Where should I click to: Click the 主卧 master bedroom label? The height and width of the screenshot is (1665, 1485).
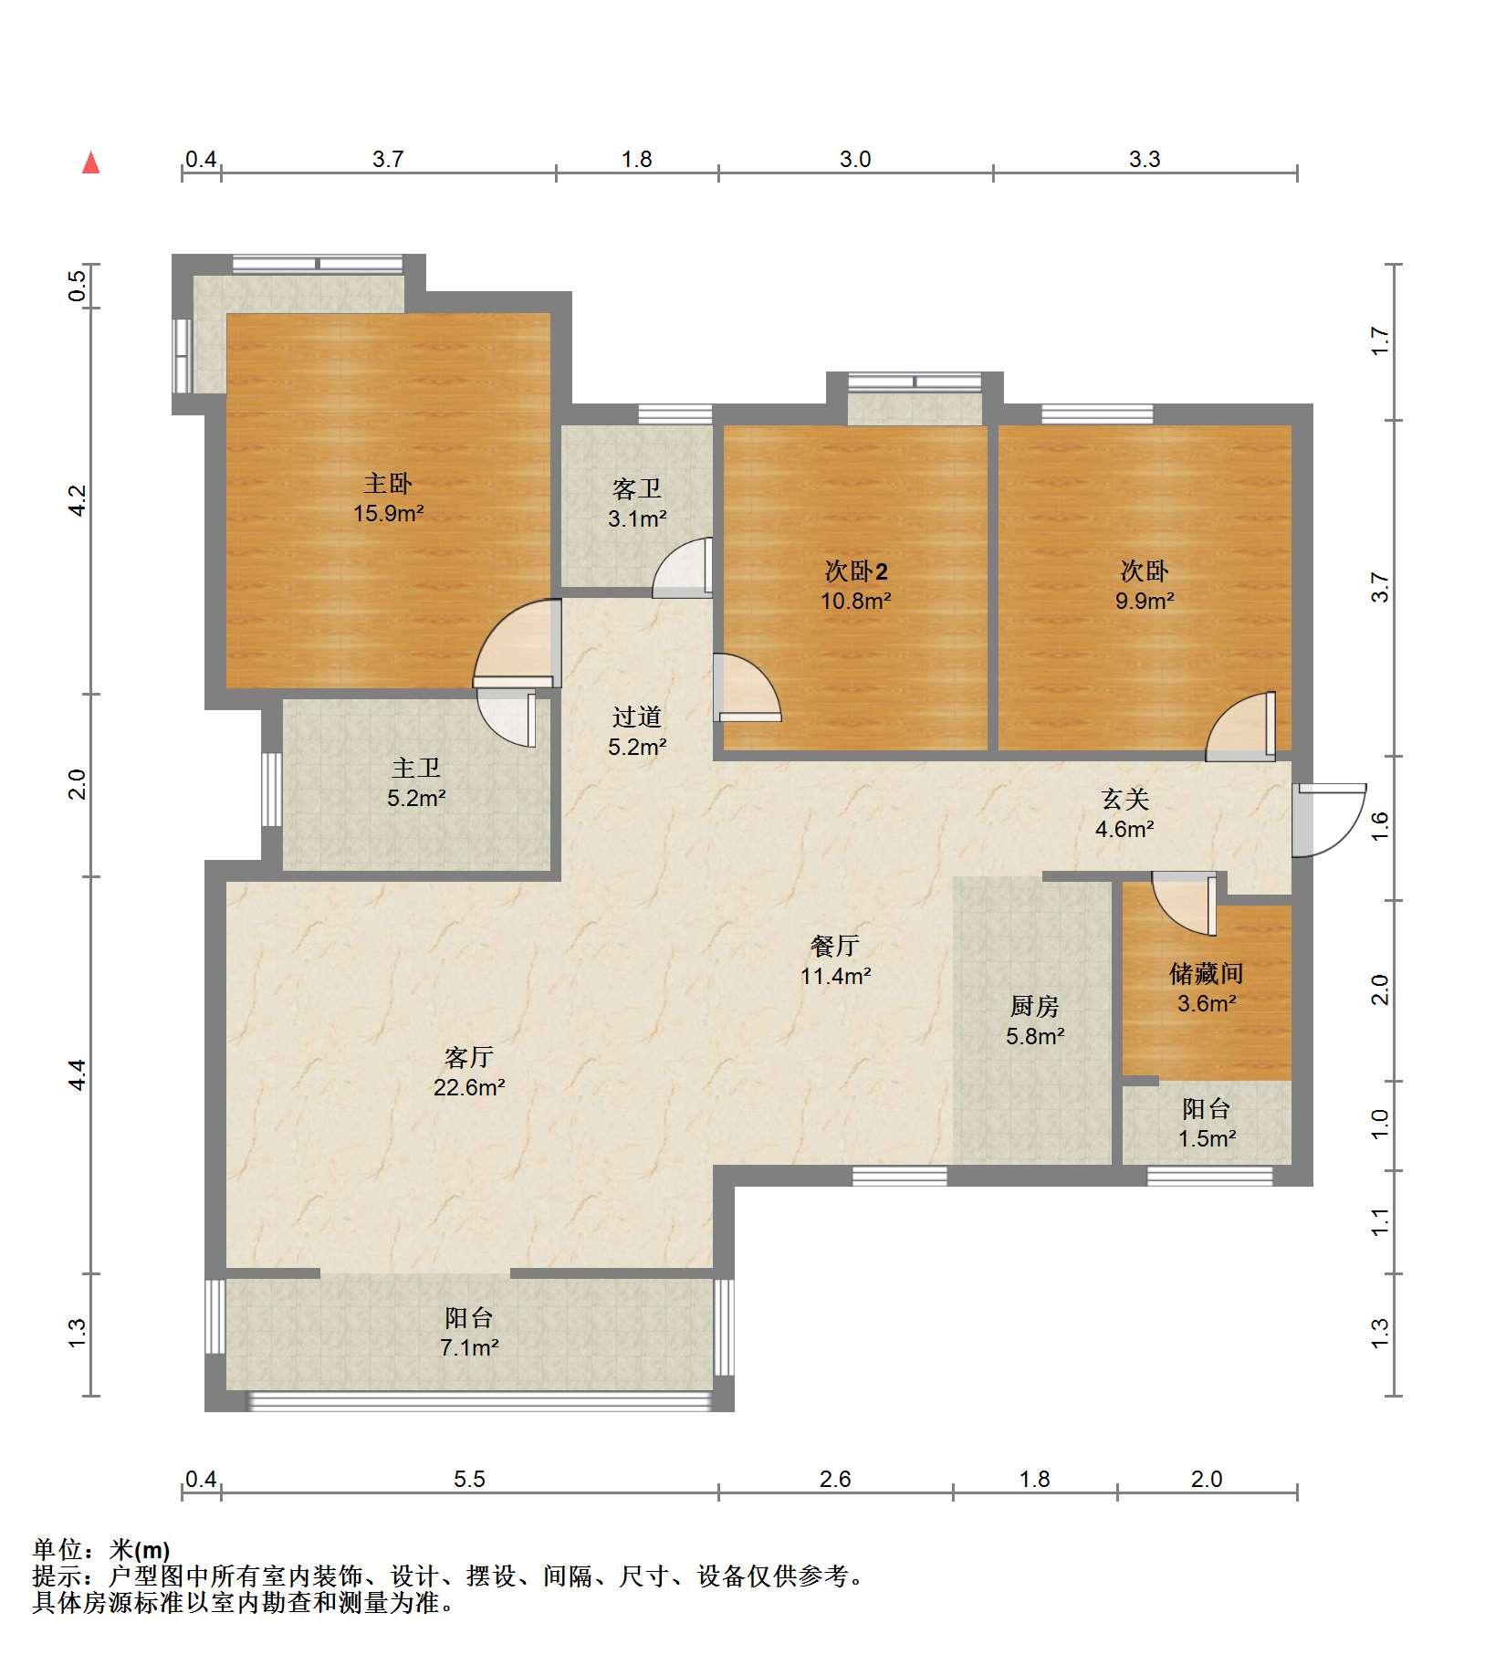tap(388, 483)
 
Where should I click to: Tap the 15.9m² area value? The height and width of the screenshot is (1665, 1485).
tap(389, 513)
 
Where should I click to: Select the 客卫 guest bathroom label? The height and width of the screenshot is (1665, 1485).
tap(637, 489)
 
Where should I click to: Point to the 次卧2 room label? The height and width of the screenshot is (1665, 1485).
tap(856, 571)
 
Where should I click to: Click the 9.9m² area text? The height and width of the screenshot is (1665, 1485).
tap(1145, 601)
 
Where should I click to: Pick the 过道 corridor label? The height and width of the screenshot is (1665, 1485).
tap(637, 717)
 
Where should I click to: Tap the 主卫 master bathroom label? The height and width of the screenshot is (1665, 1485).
tap(416, 769)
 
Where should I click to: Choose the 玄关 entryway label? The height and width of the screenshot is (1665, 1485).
tap(1124, 800)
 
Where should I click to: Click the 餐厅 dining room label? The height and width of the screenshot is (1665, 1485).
tap(835, 946)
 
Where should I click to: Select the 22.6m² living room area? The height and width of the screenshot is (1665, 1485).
tap(469, 1087)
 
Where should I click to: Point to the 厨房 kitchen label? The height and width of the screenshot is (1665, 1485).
tap(1035, 1006)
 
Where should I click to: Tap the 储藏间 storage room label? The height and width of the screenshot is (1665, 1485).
tap(1207, 973)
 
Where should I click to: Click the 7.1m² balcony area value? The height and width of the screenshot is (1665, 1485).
tap(469, 1347)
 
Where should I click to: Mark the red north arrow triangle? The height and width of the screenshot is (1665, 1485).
tap(91, 163)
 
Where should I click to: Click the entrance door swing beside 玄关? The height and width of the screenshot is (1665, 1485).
tap(1329, 820)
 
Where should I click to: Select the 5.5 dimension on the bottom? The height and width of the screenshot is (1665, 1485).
tap(469, 1479)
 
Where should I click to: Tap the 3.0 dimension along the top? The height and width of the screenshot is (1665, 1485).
tap(855, 159)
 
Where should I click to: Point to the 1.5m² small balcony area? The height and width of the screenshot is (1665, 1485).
tap(1207, 1138)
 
